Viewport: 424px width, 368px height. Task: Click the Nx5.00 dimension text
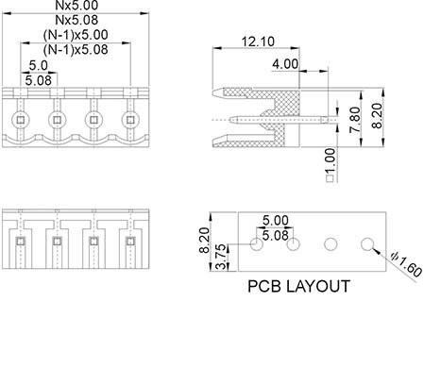coord(76,5)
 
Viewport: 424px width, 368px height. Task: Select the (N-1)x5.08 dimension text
coord(76,50)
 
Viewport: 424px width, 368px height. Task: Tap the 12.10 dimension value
coord(258,42)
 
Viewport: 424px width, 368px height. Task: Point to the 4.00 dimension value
coord(285,64)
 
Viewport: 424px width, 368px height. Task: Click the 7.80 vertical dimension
coord(355,120)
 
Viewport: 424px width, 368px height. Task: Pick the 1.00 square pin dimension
coord(330,165)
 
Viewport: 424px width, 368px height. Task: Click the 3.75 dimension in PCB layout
coord(222,257)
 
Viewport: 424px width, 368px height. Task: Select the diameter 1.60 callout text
coord(406,265)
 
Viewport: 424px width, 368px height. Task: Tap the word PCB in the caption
coord(263,287)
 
